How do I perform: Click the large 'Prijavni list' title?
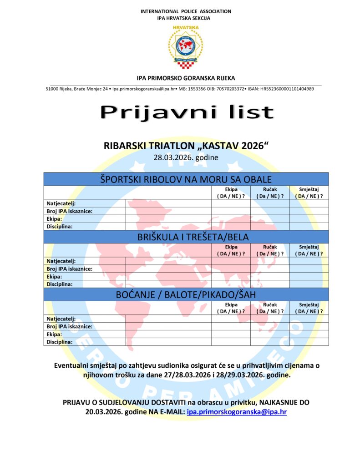point(187,112)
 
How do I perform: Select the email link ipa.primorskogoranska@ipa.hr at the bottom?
point(237,412)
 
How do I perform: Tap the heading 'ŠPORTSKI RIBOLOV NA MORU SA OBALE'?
point(186,179)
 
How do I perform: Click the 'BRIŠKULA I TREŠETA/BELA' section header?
point(186,237)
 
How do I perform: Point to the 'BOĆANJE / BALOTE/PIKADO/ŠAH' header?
point(186,294)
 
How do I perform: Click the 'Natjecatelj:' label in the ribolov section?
point(61,203)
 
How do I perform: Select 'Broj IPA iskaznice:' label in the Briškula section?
point(69,268)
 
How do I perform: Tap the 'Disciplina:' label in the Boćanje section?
point(60,342)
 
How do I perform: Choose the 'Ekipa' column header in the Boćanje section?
point(231,304)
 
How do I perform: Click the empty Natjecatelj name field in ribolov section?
point(168,203)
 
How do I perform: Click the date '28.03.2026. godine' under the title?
point(186,158)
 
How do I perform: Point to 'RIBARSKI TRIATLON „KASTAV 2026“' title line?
point(187,147)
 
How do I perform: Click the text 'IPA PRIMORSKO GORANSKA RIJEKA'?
point(186,78)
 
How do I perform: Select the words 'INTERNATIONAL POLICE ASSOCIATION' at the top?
point(186,11)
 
